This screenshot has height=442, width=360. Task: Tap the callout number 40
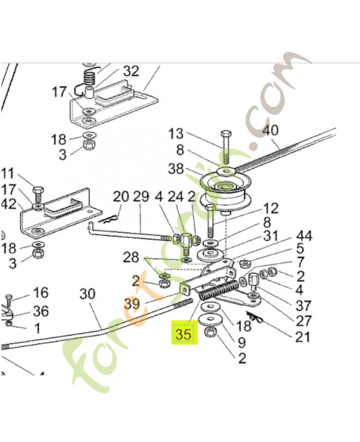(271, 131)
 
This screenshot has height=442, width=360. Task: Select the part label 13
(176, 133)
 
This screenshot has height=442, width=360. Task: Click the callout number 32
(131, 71)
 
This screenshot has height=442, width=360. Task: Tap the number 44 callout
(303, 236)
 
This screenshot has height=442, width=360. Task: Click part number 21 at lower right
(302, 336)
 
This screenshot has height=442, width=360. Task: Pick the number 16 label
(40, 292)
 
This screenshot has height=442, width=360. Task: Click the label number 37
(303, 306)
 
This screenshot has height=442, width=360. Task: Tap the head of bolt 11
(38, 191)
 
